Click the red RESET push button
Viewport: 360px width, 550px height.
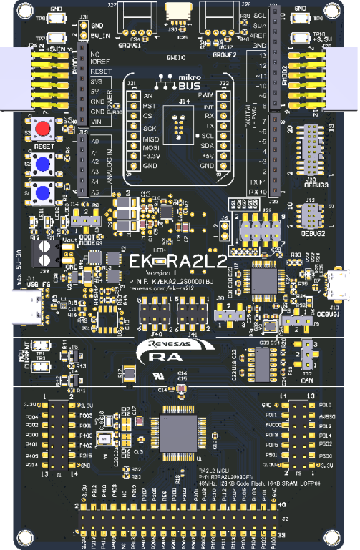[44, 129]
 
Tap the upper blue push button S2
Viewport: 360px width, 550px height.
[43, 164]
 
